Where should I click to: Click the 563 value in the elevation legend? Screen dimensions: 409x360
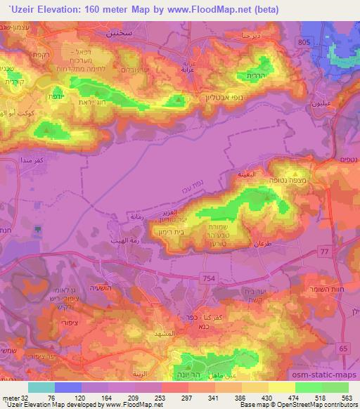tap(347, 398)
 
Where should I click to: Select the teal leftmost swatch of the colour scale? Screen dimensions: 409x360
tap(41, 387)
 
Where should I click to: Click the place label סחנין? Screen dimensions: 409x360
tap(119, 32)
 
